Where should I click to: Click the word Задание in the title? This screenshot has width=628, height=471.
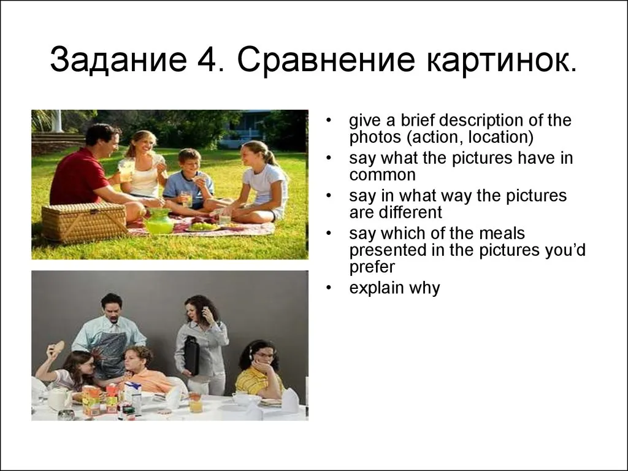118,59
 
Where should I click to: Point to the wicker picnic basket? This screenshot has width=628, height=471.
84,221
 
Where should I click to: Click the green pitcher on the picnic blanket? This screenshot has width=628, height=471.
159,221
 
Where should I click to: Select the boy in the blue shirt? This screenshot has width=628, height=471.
189,180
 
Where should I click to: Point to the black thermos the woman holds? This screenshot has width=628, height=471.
191,355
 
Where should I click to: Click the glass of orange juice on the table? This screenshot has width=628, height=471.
196,402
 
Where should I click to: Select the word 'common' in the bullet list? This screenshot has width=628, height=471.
382,175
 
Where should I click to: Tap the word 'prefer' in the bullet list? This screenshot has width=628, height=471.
372,267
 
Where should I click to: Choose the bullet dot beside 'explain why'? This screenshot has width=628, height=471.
329,287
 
